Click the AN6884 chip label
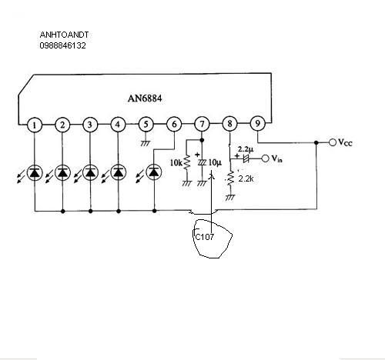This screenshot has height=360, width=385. point(145,98)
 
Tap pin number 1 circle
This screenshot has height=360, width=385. point(35,125)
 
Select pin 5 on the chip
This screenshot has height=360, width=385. point(146,125)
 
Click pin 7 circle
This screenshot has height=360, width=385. point(202,124)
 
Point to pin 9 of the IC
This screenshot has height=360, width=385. point(257,123)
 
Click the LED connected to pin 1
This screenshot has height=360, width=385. point(35,173)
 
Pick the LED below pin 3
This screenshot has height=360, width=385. point(90,172)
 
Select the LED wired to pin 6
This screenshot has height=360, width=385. point(154,172)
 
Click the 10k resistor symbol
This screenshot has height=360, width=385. point(187,162)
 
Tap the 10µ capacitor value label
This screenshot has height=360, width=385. point(215,162)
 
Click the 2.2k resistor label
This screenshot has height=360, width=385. point(246,178)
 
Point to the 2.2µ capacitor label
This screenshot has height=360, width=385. point(246,149)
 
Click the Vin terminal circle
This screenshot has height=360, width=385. point(265,158)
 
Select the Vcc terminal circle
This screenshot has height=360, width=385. point(333,142)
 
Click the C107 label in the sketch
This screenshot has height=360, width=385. point(204,237)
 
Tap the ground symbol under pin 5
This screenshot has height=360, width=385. point(146,143)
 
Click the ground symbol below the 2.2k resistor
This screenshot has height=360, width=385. point(230,197)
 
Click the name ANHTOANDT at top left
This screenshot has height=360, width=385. point(64,35)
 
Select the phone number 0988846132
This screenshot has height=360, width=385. point(62,45)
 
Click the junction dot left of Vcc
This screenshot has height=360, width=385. point(316,142)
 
